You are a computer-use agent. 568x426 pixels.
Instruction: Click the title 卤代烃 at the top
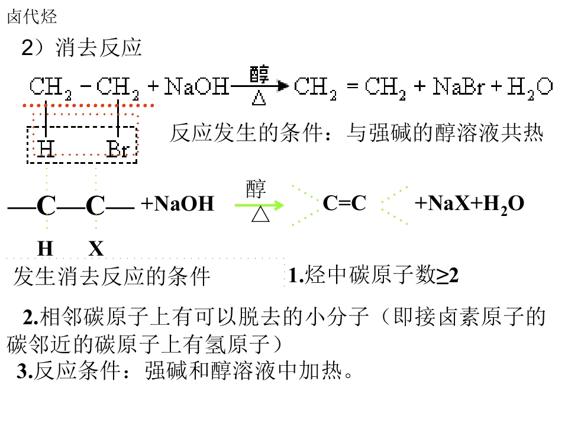click(32, 17)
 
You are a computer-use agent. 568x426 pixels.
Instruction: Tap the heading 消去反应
click(98, 48)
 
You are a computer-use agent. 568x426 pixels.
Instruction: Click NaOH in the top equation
click(196, 86)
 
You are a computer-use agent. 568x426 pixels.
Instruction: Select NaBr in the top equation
click(459, 86)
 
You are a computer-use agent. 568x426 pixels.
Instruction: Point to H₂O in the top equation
click(530, 88)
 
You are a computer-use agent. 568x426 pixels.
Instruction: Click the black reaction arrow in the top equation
click(259, 86)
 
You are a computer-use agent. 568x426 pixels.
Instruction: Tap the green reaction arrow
click(259, 205)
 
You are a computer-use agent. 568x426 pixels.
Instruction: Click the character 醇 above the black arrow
click(259, 75)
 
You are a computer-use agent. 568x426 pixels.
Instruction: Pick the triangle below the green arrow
click(260, 214)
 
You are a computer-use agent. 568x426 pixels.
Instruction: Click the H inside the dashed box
click(46, 149)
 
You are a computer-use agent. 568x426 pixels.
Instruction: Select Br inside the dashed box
click(117, 149)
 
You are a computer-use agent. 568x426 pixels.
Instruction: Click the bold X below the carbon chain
click(96, 248)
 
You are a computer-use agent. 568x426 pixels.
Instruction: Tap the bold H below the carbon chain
click(46, 248)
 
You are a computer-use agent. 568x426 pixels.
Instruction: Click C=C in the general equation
click(344, 203)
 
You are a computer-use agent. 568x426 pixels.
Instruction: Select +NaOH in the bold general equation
click(177, 203)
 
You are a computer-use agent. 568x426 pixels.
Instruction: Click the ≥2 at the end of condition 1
click(447, 275)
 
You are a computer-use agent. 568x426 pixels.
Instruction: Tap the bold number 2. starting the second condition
click(31, 317)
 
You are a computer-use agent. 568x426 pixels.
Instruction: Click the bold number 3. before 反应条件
click(25, 371)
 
